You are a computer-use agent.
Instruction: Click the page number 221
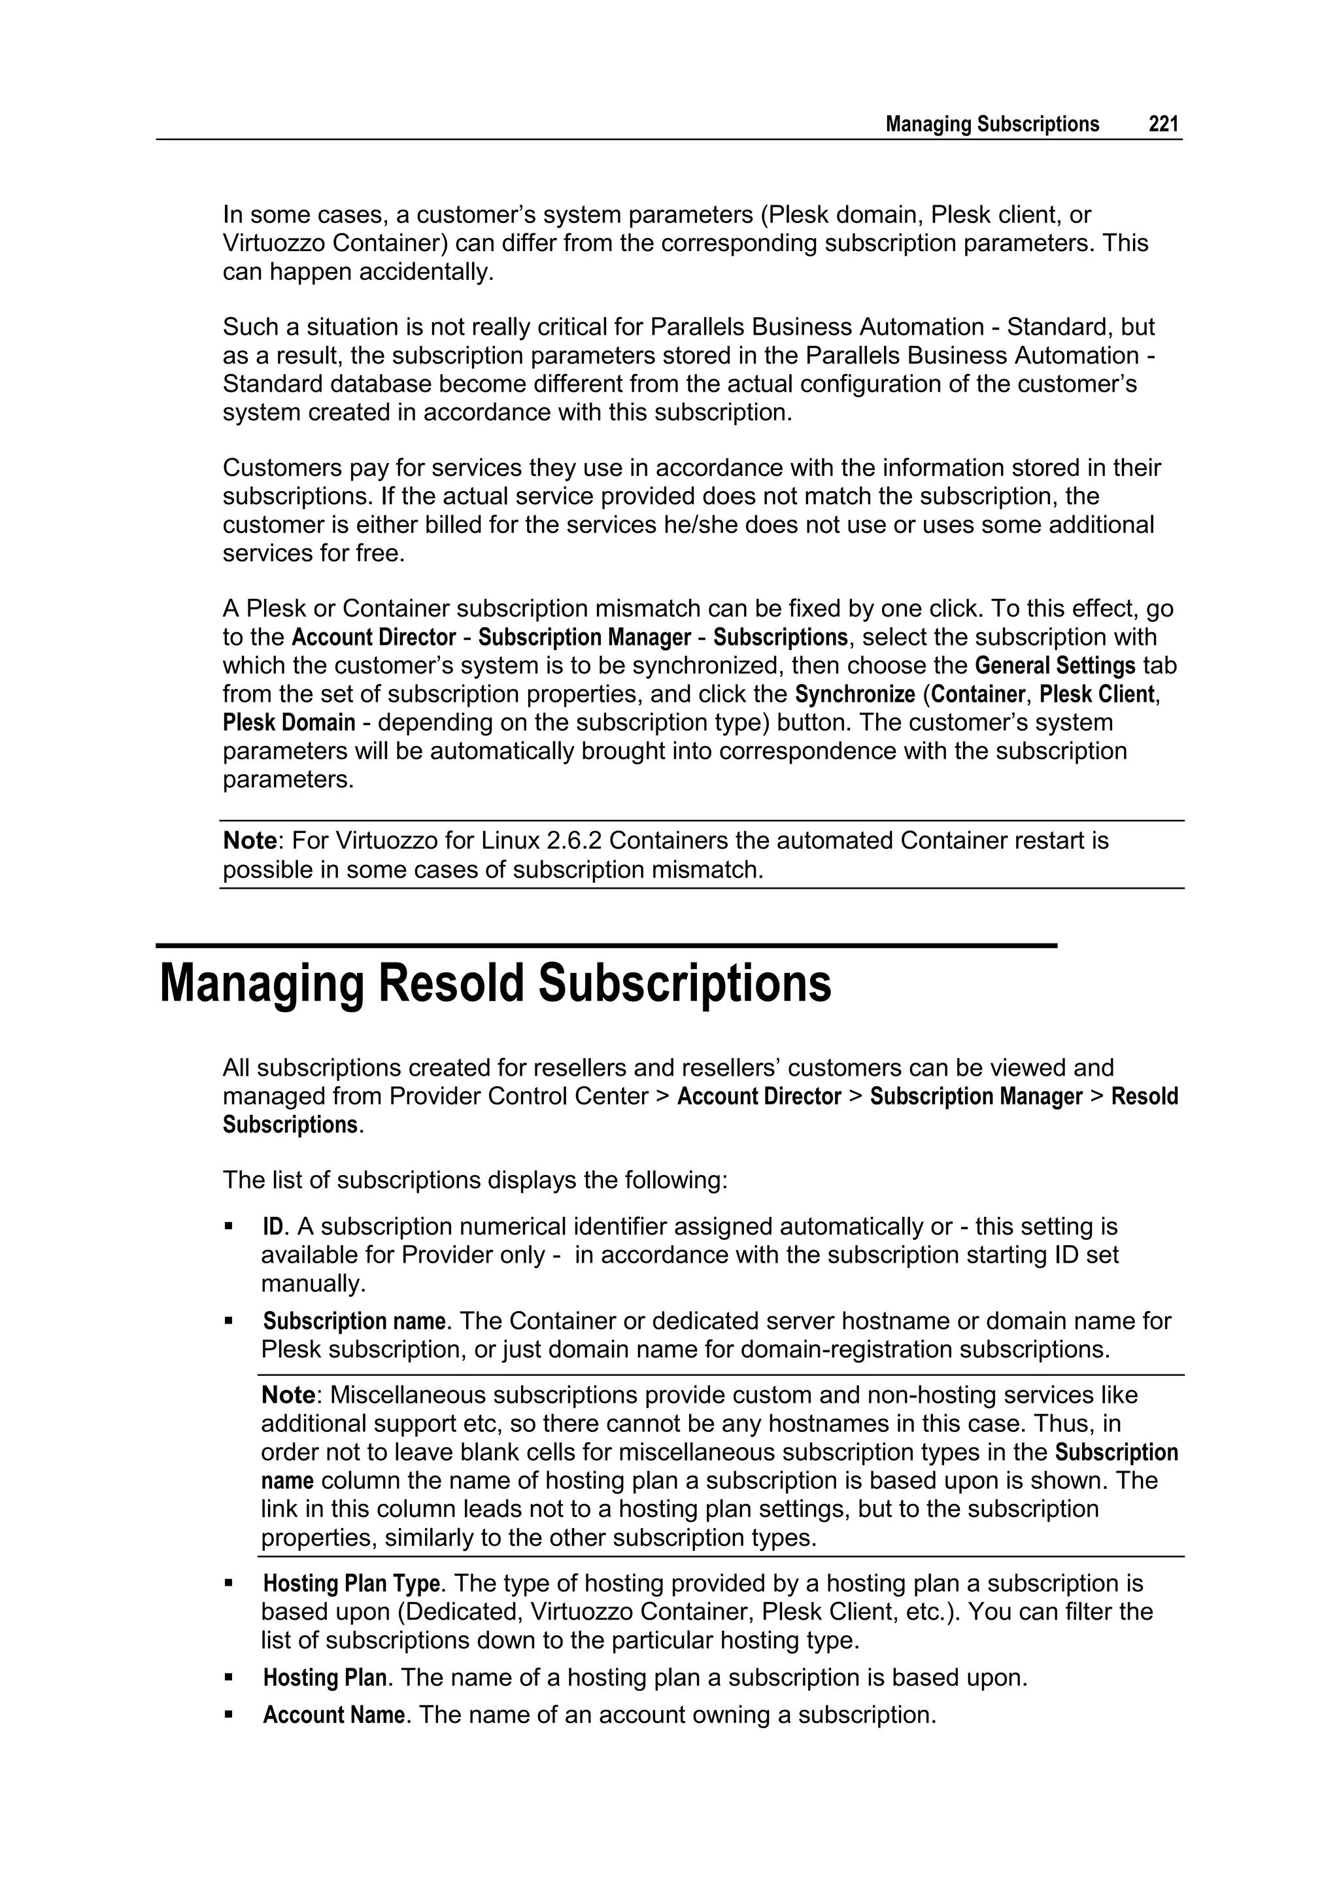[x=1163, y=124]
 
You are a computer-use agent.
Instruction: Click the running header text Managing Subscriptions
[x=992, y=124]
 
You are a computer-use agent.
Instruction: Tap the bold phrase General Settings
[x=1055, y=666]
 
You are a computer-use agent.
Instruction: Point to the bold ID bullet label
[x=272, y=1227]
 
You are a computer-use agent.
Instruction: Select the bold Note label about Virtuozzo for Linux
[x=250, y=841]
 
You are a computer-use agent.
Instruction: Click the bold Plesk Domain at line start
[x=288, y=723]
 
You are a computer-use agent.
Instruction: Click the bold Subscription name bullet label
[x=354, y=1321]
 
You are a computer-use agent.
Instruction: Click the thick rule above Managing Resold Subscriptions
[x=606, y=946]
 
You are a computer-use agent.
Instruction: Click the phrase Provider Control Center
[x=518, y=1097]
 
